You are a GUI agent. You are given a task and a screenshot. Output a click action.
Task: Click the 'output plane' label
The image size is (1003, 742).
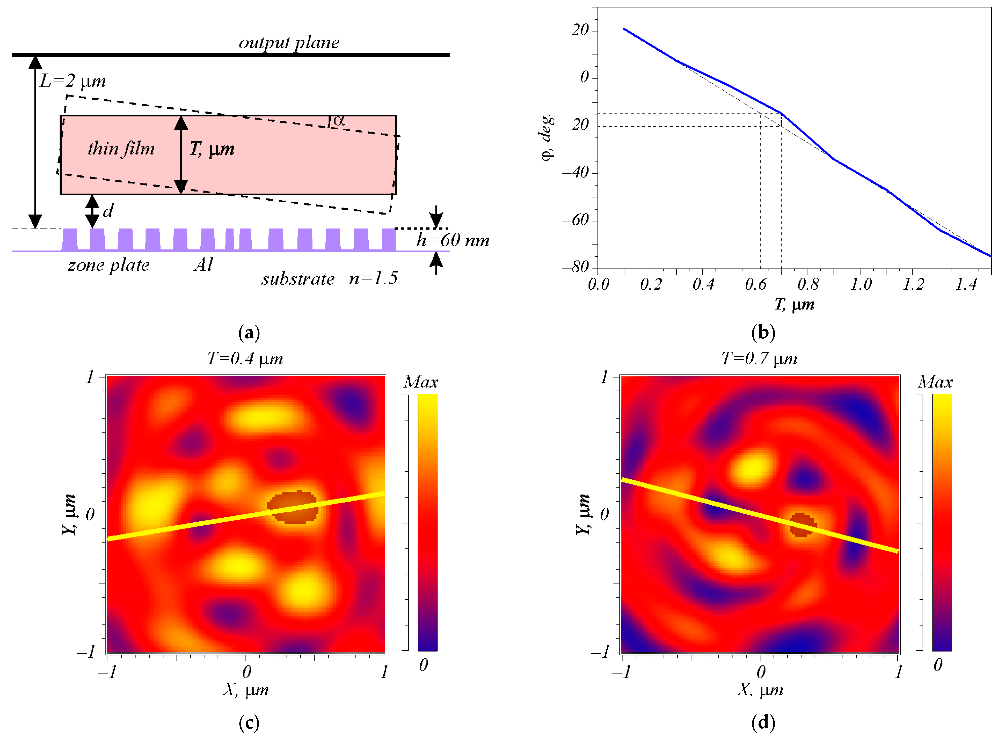tap(289, 43)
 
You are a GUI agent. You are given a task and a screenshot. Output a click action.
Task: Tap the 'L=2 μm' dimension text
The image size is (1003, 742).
tap(73, 81)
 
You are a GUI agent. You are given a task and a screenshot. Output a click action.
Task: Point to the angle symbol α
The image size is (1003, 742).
tap(339, 120)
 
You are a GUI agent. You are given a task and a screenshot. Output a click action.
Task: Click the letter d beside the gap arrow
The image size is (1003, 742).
tap(108, 211)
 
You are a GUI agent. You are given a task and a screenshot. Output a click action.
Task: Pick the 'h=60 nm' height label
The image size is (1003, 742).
tap(452, 240)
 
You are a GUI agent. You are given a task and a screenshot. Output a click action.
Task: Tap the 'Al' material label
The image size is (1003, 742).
tap(203, 265)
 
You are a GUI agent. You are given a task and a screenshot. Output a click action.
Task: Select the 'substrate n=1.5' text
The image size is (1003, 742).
tap(329, 279)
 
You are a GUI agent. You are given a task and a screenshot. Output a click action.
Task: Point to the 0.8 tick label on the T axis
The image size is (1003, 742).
tap(807, 284)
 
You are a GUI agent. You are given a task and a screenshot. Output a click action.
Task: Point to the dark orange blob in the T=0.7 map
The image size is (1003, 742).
tap(802, 525)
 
